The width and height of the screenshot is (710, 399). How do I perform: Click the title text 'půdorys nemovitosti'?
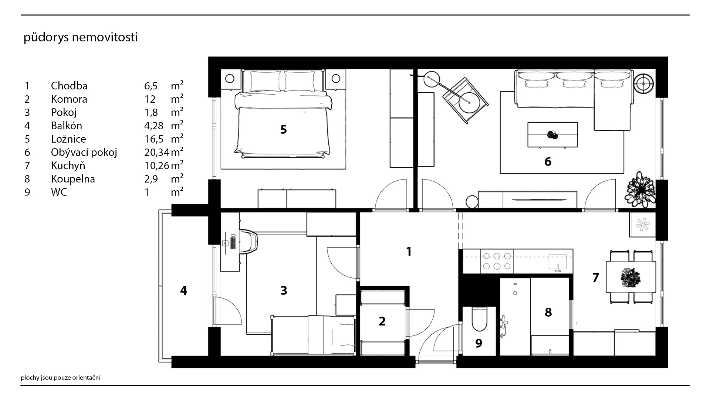(81, 38)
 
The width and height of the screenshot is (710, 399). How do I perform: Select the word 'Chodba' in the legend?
(69, 86)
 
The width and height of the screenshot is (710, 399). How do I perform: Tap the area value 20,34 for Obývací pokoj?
(157, 152)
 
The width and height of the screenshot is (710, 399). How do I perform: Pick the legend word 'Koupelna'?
(73, 179)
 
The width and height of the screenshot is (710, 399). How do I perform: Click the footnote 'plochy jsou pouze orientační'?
(61, 378)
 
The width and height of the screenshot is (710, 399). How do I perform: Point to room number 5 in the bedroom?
(284, 129)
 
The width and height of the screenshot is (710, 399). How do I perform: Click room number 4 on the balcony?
(183, 291)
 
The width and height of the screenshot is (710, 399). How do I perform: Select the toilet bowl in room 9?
(480, 320)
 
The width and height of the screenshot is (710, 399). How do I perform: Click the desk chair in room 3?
(248, 242)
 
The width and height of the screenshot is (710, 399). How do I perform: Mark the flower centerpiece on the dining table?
(631, 277)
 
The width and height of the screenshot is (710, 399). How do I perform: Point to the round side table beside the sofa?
(644, 84)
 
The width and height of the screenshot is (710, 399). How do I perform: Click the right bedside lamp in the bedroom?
(336, 78)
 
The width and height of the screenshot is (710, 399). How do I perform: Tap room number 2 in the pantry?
(382, 321)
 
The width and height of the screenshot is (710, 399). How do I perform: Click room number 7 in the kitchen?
(595, 277)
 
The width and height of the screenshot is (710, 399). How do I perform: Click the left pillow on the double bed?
(264, 81)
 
